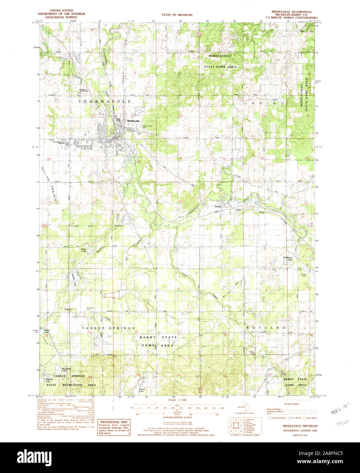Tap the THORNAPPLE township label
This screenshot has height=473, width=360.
[x=105, y=101]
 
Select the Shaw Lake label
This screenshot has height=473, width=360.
[x=83, y=250]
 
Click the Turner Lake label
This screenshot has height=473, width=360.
[x=142, y=390]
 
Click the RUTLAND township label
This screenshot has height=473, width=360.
[x=266, y=327]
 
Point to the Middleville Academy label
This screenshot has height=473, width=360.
[x=84, y=90]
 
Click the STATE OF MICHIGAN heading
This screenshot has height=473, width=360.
[x=177, y=15]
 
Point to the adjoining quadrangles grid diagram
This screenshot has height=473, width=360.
[x=236, y=425]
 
